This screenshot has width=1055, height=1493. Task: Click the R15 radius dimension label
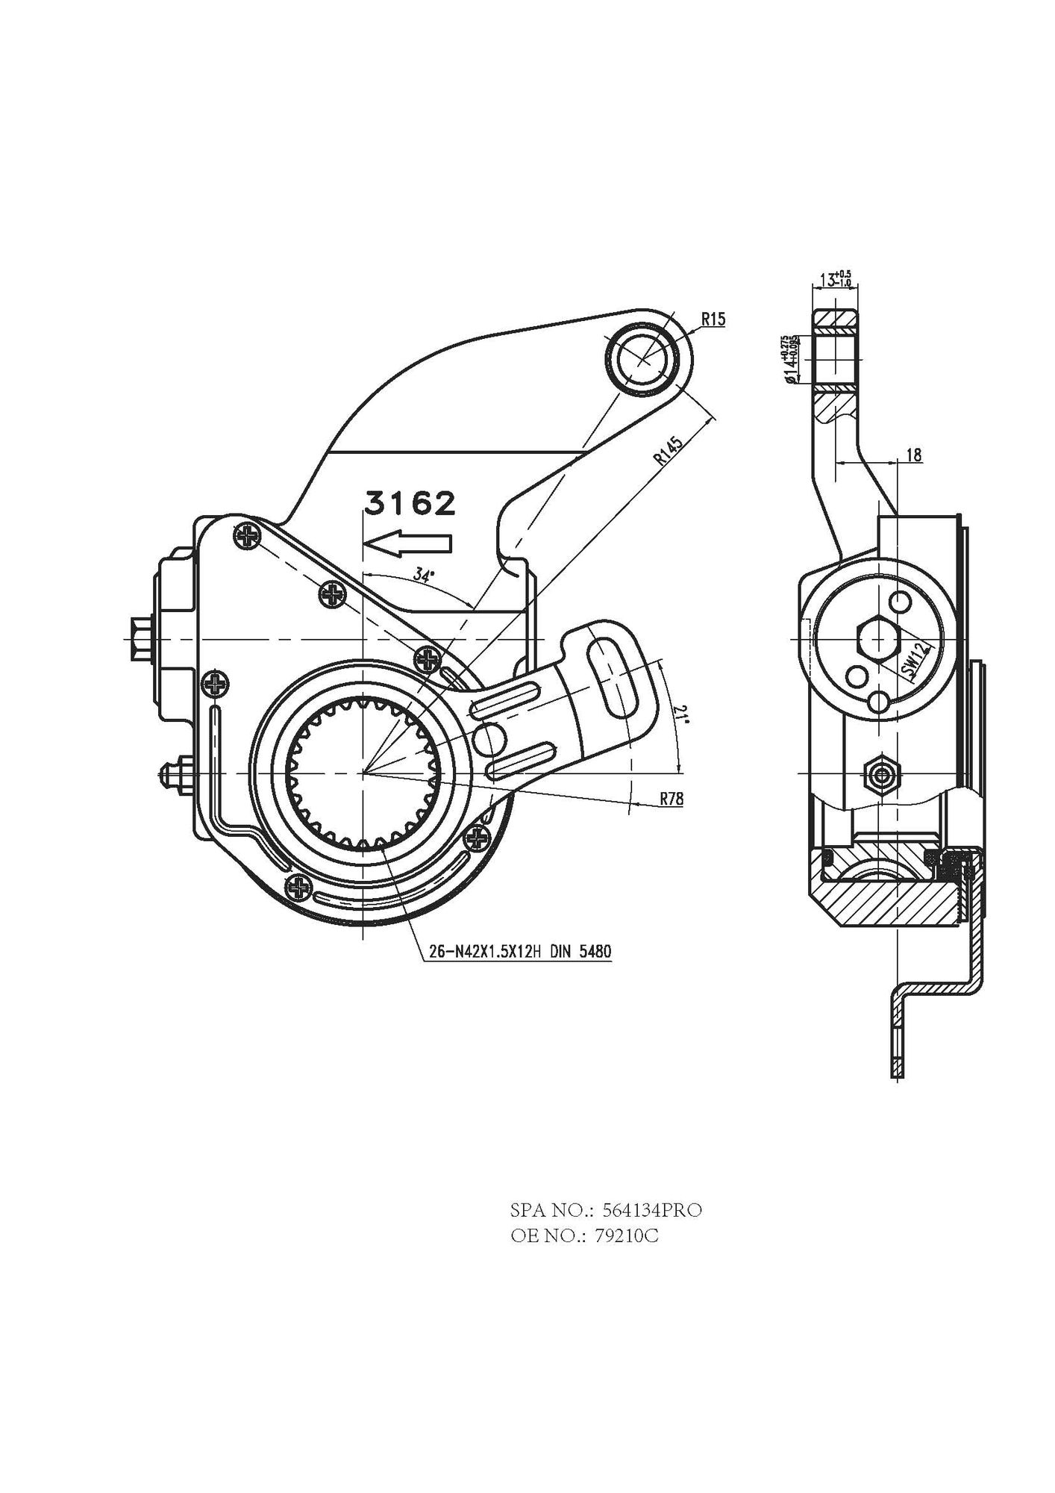point(713,320)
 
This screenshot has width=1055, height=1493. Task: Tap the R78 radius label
point(671,799)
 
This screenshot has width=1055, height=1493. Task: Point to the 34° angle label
point(423,576)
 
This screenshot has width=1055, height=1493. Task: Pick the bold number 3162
point(409,504)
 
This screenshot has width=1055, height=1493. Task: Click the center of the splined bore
point(363,774)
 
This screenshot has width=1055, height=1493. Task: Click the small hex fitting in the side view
point(880,774)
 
